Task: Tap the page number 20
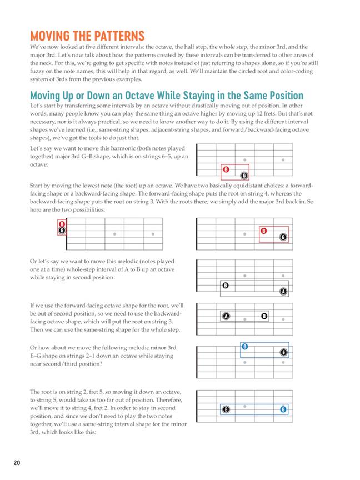click(x=17, y=462)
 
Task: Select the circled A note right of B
click(x=283, y=292)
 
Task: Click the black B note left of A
click(x=226, y=286)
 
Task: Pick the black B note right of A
click(x=264, y=316)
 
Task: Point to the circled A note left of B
click(x=226, y=316)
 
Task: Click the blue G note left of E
click(x=244, y=347)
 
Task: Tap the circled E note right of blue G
click(x=283, y=353)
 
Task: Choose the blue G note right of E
click(x=283, y=409)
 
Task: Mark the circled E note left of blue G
click(x=226, y=409)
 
